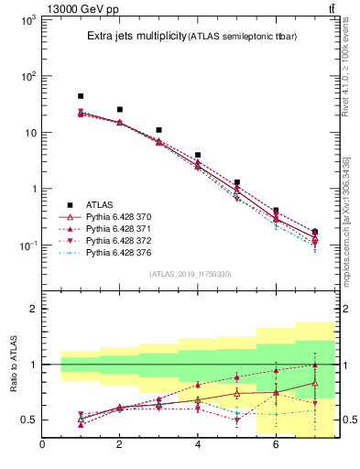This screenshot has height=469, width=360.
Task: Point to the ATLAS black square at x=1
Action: click(81, 96)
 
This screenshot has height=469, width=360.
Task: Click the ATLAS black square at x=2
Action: click(119, 109)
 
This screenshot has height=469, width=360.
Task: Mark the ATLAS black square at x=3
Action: click(158, 130)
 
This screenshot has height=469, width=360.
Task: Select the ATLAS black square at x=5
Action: click(236, 182)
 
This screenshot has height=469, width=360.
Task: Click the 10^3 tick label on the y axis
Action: click(27, 19)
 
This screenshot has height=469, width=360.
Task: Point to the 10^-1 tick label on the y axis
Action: click(27, 245)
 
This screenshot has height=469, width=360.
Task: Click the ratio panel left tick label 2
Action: click(30, 309)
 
